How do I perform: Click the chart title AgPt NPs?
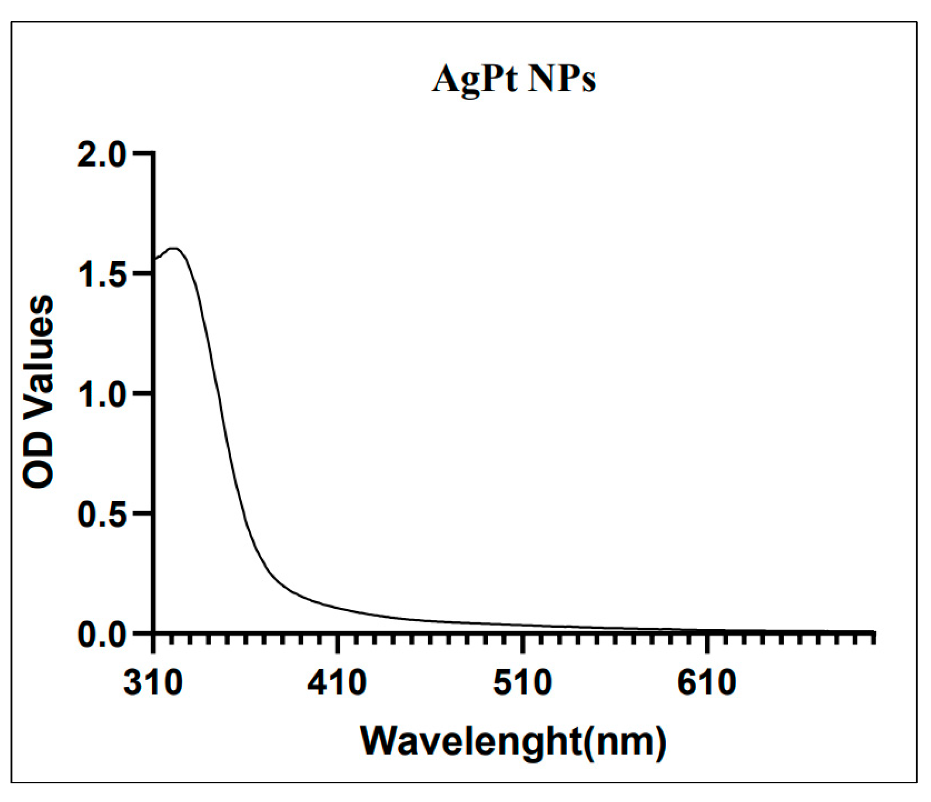514,79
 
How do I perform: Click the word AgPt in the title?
475,79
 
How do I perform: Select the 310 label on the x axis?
153,684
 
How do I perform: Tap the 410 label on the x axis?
337,684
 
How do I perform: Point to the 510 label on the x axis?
522,684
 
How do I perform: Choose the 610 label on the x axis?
707,684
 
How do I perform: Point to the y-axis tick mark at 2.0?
142,154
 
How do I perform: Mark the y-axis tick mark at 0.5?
142,513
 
